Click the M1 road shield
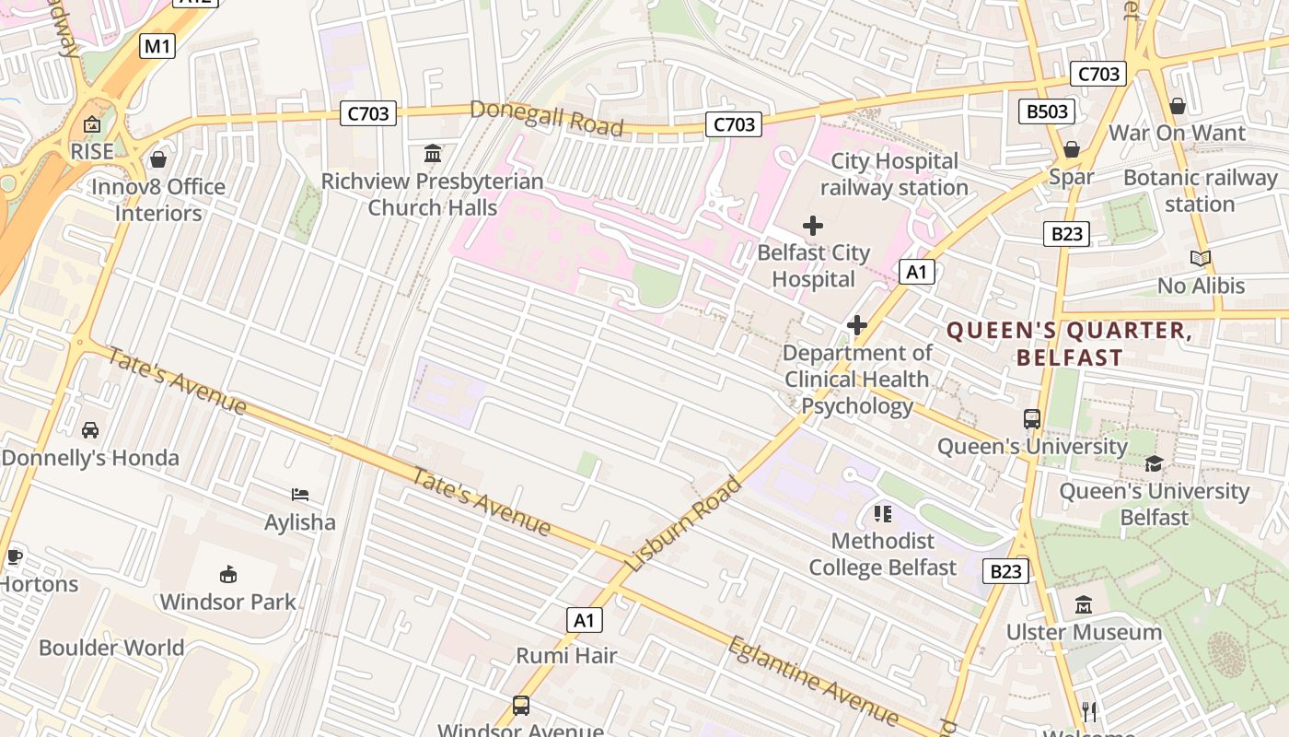157,46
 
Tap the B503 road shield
1048,112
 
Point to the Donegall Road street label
546,118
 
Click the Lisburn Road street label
682,522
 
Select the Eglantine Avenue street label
812,680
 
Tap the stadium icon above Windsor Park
228,575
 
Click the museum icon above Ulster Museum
1084,605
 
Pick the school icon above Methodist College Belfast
883,514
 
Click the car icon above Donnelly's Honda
90,430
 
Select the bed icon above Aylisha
300,496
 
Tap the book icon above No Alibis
1201,259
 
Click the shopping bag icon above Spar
1072,149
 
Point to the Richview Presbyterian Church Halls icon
432,153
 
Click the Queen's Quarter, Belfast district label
1069,344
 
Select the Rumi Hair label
566,656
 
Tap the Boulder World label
111,648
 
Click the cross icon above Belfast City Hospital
813,226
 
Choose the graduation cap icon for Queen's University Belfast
1155,463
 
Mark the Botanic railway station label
1200,191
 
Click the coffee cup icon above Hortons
14,556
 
